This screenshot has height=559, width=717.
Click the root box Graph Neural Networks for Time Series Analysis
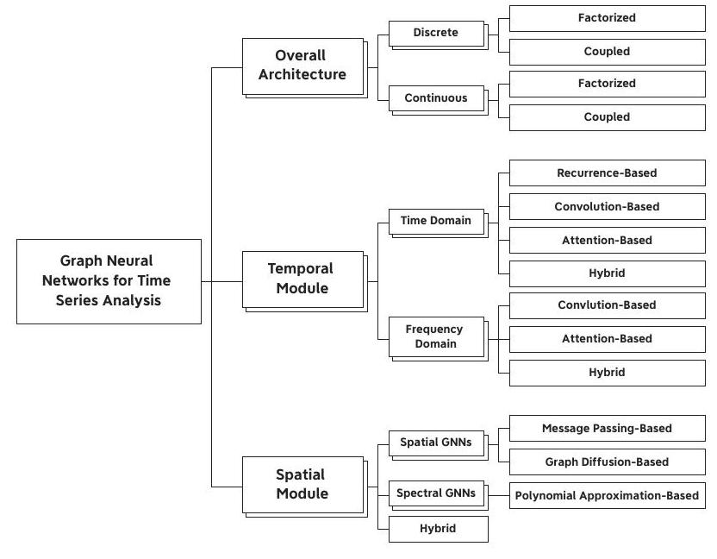(x=109, y=281)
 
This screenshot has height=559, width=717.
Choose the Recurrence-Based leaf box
(x=608, y=173)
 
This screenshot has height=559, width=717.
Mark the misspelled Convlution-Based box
(x=608, y=305)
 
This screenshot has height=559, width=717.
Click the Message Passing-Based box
(x=608, y=429)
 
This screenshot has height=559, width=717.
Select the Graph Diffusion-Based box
(x=608, y=462)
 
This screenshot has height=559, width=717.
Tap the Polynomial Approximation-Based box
(x=608, y=495)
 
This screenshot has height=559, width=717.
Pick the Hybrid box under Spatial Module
(x=438, y=530)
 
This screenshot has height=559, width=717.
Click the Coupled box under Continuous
(x=608, y=117)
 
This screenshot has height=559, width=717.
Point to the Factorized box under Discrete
(x=608, y=18)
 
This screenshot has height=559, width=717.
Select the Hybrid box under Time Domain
(x=608, y=273)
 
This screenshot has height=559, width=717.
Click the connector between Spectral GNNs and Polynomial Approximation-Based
(x=499, y=495)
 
